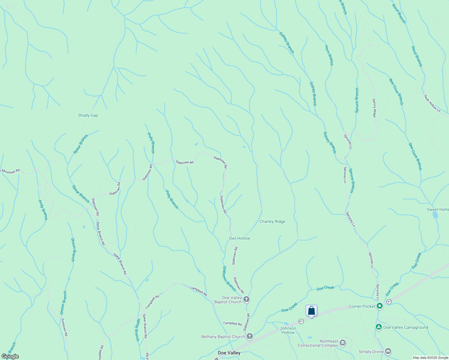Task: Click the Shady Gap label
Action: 88,115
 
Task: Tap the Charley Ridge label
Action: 272,221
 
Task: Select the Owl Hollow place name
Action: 240,238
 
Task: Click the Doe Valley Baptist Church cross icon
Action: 246,299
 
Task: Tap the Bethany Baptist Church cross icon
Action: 250,337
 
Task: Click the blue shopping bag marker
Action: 311,310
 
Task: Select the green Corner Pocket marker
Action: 380,306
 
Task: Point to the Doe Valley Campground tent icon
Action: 379,327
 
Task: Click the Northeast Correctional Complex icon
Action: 343,343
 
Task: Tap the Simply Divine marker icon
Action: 388,351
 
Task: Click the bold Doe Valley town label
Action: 229,353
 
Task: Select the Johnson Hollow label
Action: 288,330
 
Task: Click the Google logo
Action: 10,356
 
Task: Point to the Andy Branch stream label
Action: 43,210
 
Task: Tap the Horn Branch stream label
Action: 329,55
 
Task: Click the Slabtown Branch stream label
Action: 229,279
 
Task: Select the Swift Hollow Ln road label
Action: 432,103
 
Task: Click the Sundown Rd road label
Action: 65,327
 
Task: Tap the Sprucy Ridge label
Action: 374,108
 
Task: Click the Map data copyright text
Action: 430,358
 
